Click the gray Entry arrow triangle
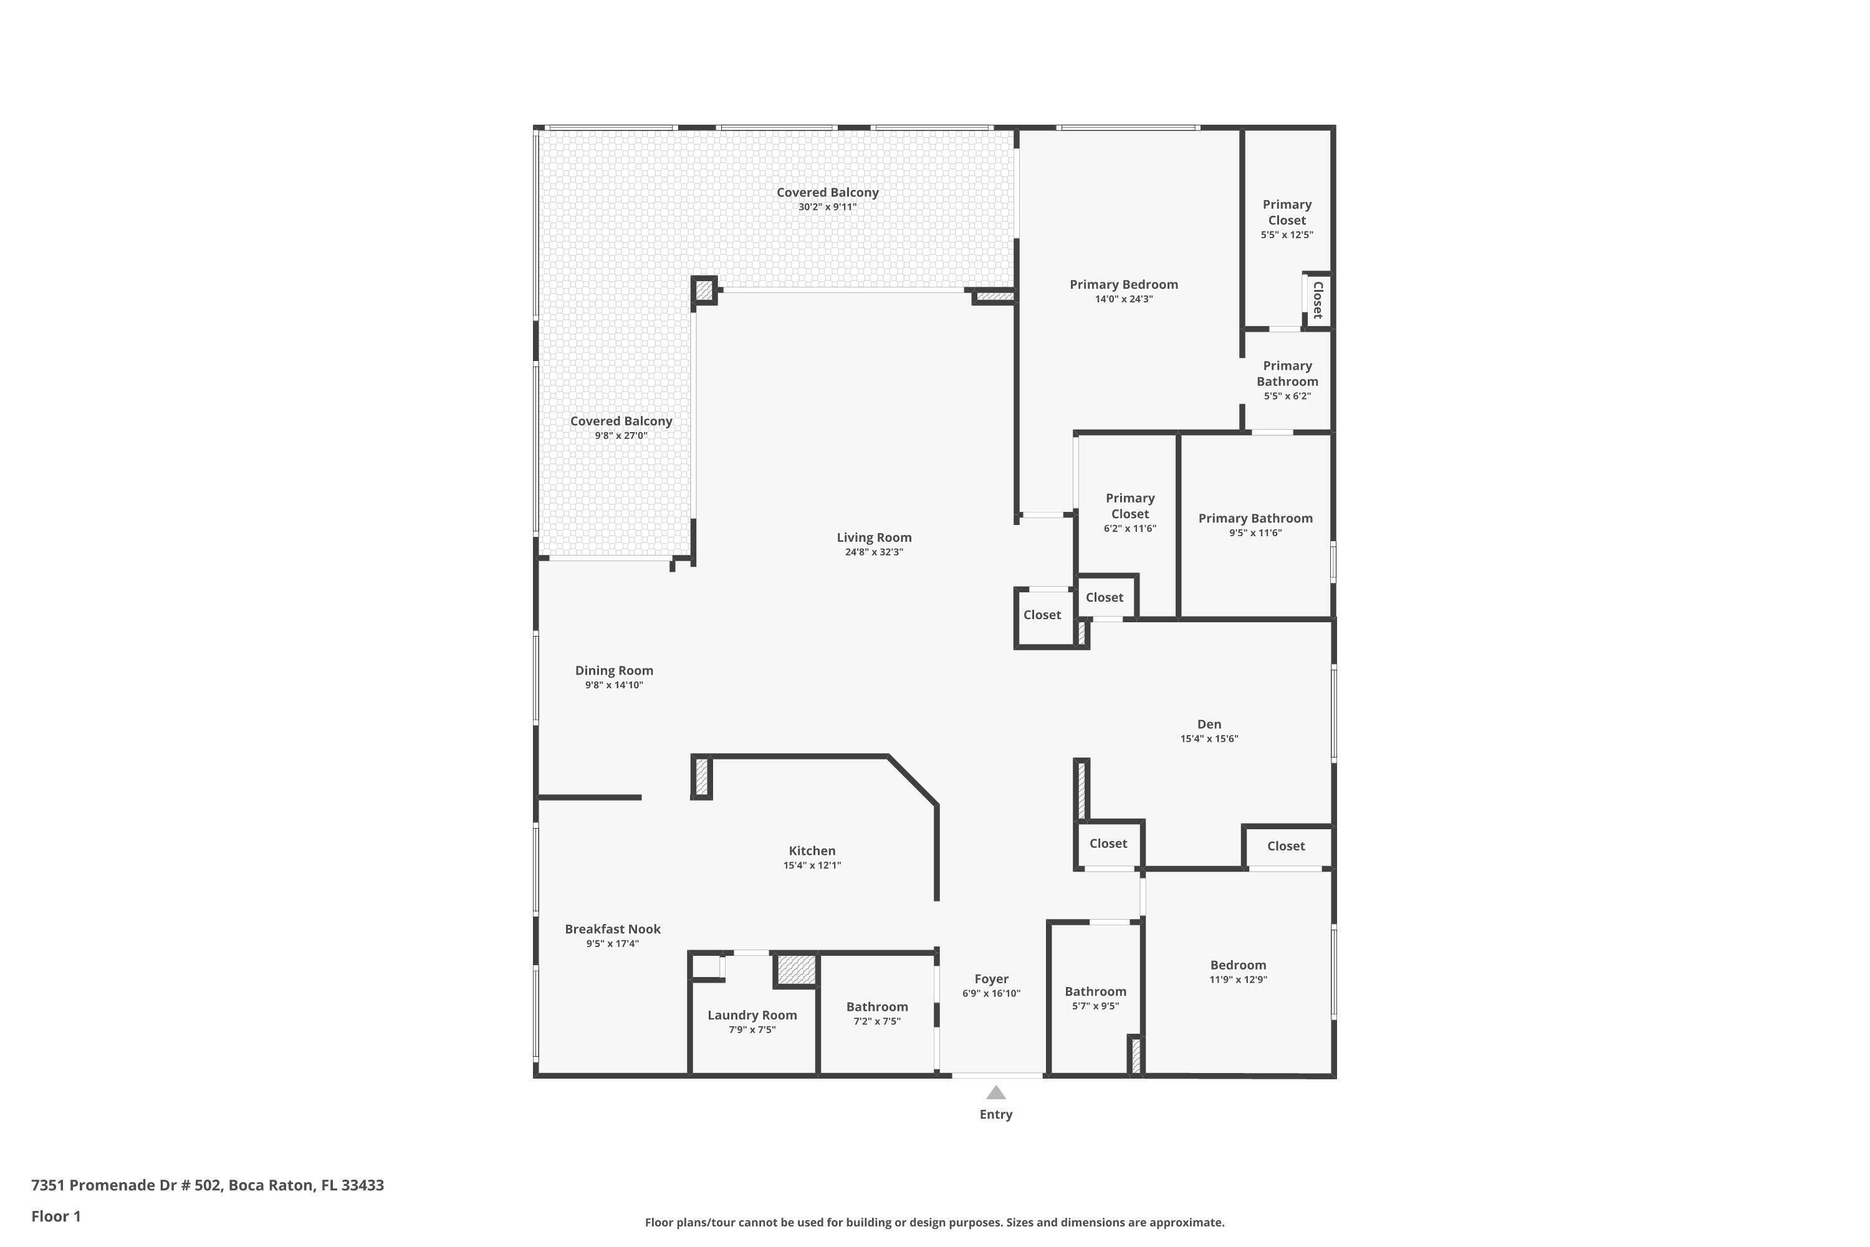[x=995, y=1093]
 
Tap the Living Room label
[x=874, y=537]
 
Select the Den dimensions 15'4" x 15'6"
[x=1209, y=739]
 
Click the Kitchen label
[x=812, y=851]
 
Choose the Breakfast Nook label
[x=612, y=929]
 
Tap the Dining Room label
[x=614, y=670]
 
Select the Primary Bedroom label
[x=1123, y=285]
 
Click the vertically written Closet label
[x=1318, y=300]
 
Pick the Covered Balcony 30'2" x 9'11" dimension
[x=827, y=207]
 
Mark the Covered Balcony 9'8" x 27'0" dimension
[x=621, y=436]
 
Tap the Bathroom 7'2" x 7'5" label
[x=876, y=1007]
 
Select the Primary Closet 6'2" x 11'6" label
[x=1129, y=506]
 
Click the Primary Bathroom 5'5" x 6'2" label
[x=1287, y=373]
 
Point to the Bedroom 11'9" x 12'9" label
[x=1237, y=965]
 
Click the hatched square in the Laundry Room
[x=796, y=970]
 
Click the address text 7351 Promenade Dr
[x=207, y=1185]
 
